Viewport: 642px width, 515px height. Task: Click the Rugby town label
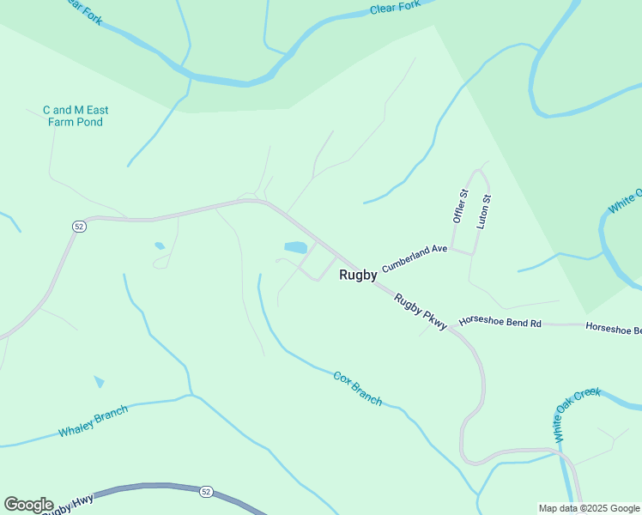[358, 276]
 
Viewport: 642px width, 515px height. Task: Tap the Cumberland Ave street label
[415, 257]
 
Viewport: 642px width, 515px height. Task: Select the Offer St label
[458, 207]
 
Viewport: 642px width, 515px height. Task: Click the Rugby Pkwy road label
[421, 314]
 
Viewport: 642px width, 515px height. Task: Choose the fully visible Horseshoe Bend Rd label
[500, 323]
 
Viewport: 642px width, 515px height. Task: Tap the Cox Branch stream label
[357, 388]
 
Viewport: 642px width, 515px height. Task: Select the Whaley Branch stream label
[93, 421]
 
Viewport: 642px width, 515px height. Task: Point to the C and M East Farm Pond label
[76, 116]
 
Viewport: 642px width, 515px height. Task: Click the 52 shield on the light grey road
[79, 226]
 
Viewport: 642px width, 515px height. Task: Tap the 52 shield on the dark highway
[205, 492]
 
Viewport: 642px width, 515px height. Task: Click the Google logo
[28, 505]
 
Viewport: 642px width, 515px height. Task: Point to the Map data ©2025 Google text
[589, 508]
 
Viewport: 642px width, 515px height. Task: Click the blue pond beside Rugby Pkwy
[295, 247]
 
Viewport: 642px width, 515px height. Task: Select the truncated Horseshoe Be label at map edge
[613, 328]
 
